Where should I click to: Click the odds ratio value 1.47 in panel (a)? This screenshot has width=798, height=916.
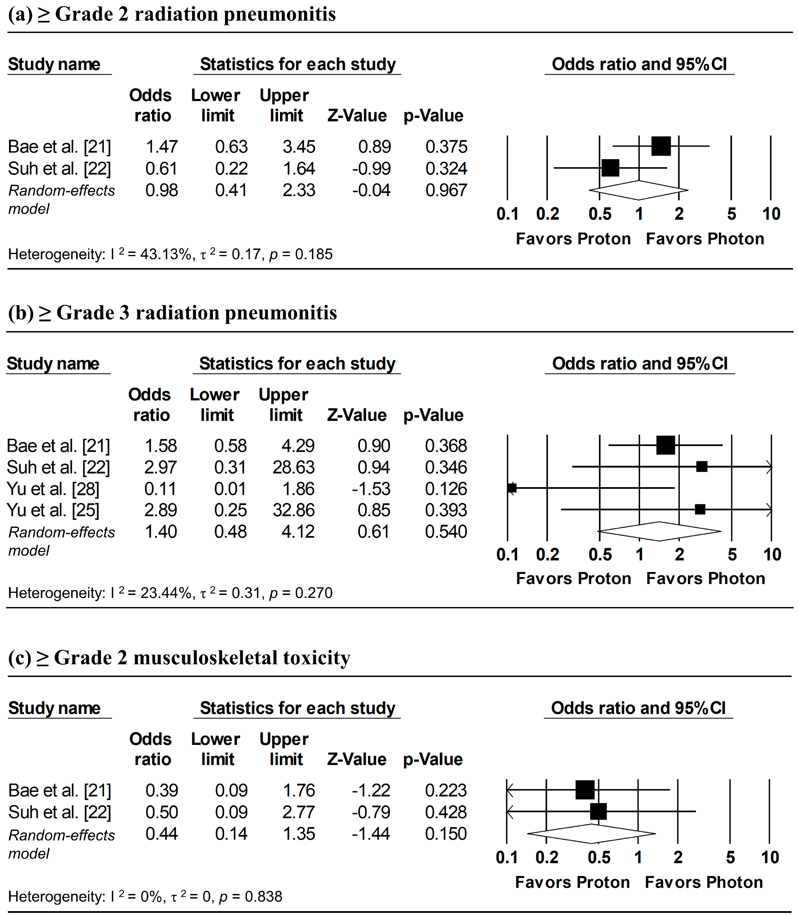point(162,147)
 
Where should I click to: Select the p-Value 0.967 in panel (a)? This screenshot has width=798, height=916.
point(446,191)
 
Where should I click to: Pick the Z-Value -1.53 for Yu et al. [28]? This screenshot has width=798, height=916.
point(371,489)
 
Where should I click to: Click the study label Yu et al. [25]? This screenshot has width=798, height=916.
point(53,510)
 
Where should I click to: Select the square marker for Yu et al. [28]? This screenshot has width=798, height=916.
point(512,488)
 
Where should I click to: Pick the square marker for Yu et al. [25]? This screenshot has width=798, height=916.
point(700,509)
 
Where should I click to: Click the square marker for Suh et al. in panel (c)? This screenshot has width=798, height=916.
point(598,811)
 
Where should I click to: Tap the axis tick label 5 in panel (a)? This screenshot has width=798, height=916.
point(731,214)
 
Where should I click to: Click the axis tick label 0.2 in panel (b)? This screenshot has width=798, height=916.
point(547,555)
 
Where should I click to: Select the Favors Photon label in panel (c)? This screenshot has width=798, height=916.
point(704,882)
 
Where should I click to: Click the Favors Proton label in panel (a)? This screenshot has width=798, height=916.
point(573,239)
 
